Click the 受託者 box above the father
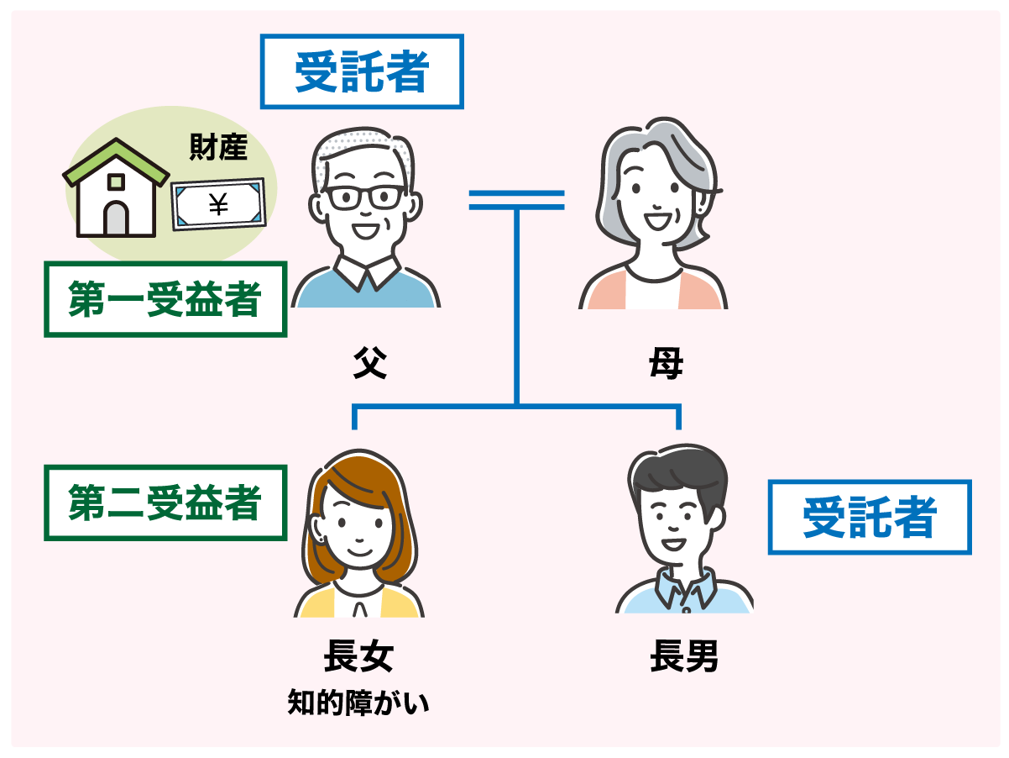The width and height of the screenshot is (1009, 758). click(362, 71)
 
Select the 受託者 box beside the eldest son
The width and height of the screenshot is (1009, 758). click(870, 517)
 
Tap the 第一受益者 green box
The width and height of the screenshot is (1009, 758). click(165, 299)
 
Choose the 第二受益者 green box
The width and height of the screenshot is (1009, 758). click(165, 503)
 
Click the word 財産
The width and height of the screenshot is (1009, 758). click(218, 147)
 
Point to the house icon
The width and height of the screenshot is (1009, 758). click(116, 187)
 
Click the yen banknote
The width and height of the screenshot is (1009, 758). click(218, 204)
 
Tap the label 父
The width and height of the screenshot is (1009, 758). click(370, 363)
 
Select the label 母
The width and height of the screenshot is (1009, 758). click(666, 363)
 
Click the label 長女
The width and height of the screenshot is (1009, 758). click(358, 655)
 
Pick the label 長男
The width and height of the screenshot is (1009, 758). click(684, 655)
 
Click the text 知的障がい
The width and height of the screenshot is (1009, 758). click(358, 703)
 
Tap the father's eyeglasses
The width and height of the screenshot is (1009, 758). click(365, 197)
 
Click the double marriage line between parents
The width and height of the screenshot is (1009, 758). click(517, 200)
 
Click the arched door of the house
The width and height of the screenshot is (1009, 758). click(116, 218)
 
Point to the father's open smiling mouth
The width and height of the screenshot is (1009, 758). click(366, 230)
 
